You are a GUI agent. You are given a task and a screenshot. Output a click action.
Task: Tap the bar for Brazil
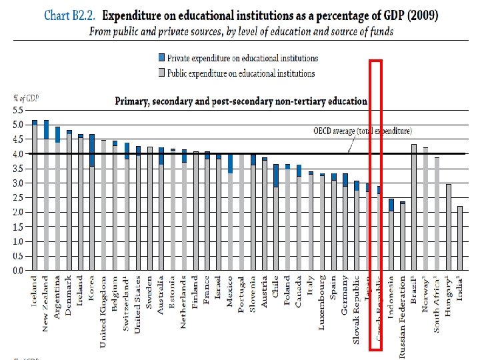pyautogui.click(x=414, y=207)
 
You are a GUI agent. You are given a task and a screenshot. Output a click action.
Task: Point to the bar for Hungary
pyautogui.click(x=449, y=227)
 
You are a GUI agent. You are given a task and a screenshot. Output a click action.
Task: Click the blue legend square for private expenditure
pyautogui.click(x=161, y=58)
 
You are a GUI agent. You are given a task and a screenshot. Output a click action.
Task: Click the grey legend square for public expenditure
pyautogui.click(x=161, y=73)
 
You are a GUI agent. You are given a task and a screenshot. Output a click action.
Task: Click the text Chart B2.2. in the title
pyautogui.click(x=67, y=15)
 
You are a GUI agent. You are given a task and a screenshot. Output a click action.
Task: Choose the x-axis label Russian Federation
pyautogui.click(x=403, y=317)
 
